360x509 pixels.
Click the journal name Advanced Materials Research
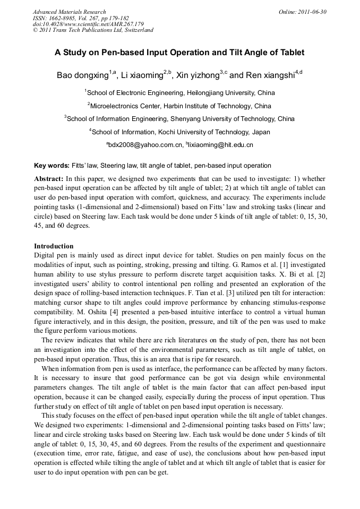(69, 12)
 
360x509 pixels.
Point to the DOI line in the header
(88, 24)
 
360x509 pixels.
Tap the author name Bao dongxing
(82, 75)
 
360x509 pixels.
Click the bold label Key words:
(52, 166)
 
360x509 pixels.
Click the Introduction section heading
(54, 246)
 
